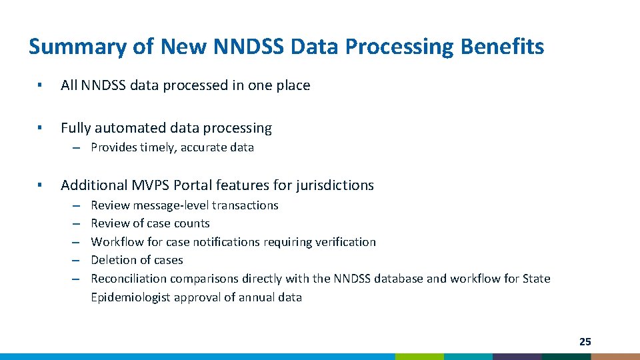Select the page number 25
coord(585,342)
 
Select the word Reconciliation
coord(129,279)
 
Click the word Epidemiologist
coord(131,297)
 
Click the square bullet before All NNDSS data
coord(40,85)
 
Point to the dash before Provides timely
coord(77,147)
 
